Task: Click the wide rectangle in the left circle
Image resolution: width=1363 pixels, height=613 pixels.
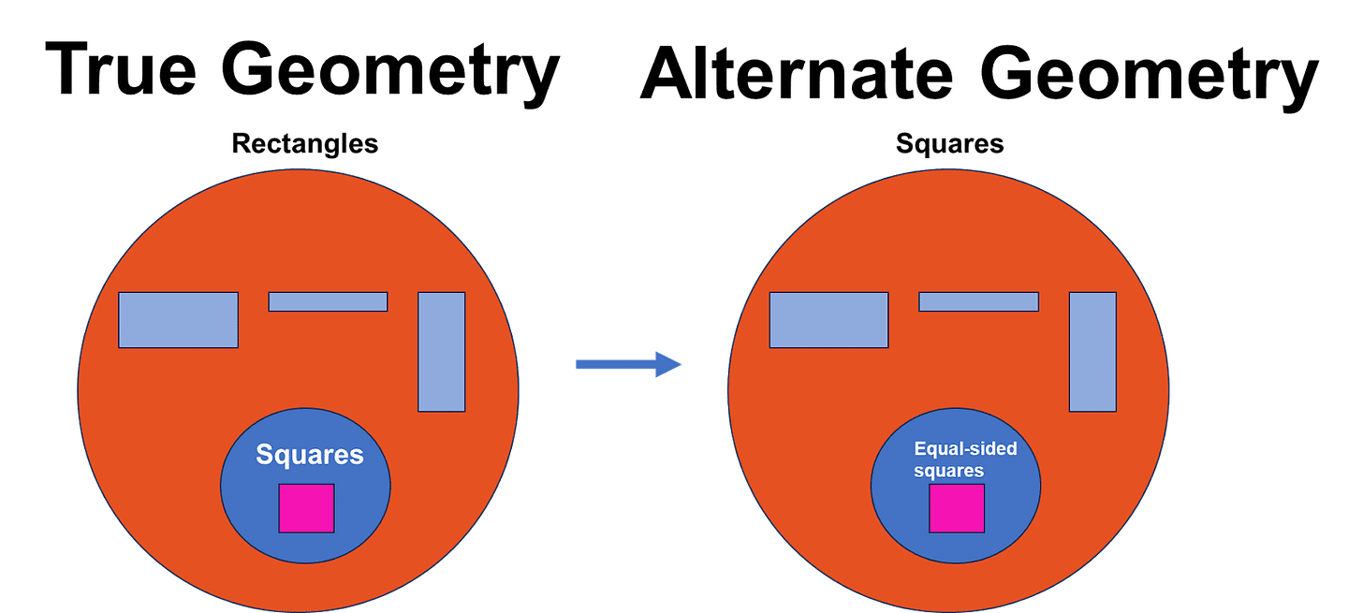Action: click(178, 320)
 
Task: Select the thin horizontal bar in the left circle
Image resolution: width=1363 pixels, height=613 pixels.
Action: click(328, 301)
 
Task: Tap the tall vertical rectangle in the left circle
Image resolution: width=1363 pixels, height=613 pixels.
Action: click(441, 352)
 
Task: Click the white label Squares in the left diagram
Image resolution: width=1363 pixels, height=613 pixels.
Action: click(310, 456)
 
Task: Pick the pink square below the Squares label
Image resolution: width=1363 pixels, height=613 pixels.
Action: click(306, 508)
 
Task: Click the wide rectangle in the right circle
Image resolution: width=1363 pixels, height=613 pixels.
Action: click(828, 320)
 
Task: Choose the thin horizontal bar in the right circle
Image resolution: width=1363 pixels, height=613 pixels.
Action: click(978, 301)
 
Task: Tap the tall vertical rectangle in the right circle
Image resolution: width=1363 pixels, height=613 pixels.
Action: click(1092, 352)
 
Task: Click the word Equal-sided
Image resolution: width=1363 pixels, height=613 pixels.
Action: click(965, 449)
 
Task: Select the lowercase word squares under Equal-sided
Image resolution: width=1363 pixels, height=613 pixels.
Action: click(948, 470)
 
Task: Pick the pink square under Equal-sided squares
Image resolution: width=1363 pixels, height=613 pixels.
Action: click(957, 508)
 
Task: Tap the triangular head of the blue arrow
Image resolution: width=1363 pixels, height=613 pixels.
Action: click(668, 364)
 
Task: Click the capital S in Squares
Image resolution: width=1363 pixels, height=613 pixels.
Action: click(264, 456)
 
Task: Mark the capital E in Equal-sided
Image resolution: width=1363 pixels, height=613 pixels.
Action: click(919, 449)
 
